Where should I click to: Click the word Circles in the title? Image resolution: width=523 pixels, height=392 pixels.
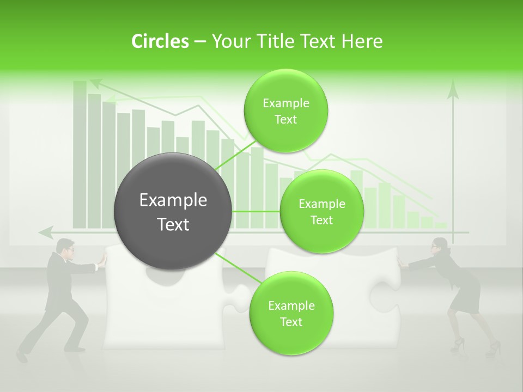(160, 41)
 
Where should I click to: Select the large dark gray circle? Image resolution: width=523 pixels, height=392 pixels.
(173, 211)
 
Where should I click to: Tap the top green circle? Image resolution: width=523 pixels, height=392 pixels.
(285, 111)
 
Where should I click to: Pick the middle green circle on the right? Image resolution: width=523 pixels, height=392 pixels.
(321, 211)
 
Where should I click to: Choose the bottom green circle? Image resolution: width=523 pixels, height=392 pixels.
(291, 313)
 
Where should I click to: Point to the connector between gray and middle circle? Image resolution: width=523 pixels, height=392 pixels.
(256, 211)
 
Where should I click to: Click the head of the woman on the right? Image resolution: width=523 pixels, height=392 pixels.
(439, 246)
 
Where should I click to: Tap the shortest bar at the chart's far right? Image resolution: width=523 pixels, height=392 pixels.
(440, 225)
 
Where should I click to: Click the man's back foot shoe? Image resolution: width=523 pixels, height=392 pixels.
(21, 356)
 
